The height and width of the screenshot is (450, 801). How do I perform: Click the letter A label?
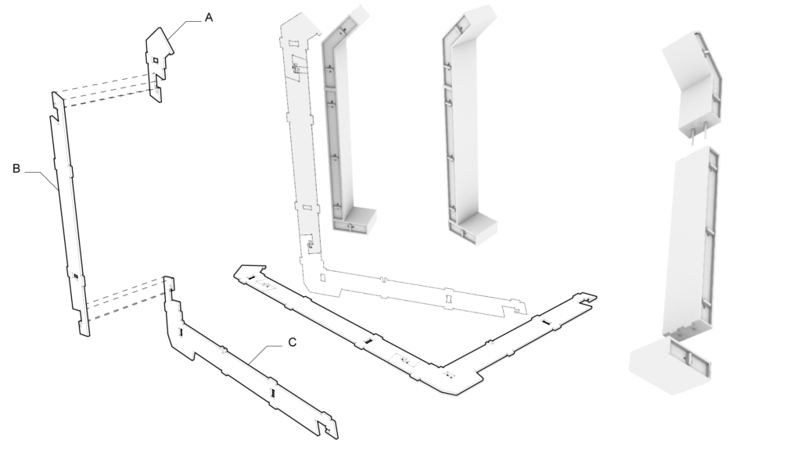[x=209, y=17]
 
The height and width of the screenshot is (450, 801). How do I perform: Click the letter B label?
[x=16, y=167]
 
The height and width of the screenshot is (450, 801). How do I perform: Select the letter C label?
[x=292, y=342]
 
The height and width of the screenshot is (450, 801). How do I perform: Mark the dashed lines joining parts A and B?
[x=106, y=88]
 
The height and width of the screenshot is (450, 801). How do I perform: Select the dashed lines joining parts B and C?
[x=125, y=301]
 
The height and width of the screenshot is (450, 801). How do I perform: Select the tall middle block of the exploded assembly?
[x=691, y=242]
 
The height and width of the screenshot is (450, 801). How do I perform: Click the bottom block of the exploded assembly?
[x=669, y=367]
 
